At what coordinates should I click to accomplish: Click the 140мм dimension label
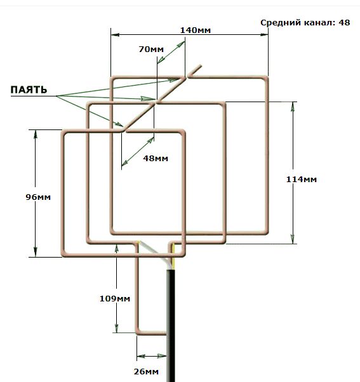click(x=195, y=30)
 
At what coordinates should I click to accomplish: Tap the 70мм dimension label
click(x=151, y=49)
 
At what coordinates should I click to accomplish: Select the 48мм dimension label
click(x=156, y=159)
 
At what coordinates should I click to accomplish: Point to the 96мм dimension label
click(x=38, y=197)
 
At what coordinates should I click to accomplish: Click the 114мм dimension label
click(x=301, y=180)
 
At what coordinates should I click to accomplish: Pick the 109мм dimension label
click(x=115, y=298)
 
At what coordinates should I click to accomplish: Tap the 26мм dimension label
click(x=146, y=371)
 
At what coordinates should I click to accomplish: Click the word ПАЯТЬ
click(x=29, y=89)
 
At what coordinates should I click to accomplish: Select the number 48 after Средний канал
click(x=344, y=22)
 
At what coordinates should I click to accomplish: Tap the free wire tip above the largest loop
click(x=201, y=66)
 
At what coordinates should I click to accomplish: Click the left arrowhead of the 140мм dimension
click(x=115, y=35)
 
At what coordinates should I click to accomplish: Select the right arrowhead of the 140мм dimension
click(x=264, y=35)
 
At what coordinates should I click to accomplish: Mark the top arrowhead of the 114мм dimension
click(x=293, y=106)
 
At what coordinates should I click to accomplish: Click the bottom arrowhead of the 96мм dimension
click(x=36, y=252)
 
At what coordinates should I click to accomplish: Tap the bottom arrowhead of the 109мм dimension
click(x=116, y=328)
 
